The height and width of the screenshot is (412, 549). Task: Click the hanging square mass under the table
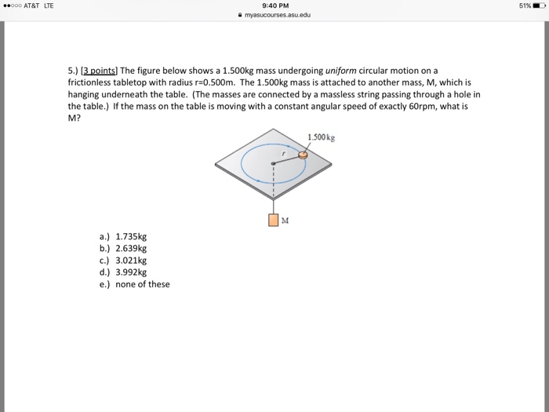[x=273, y=221]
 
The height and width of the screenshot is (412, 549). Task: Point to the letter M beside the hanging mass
[x=285, y=221]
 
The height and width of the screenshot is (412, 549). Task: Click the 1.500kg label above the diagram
[x=321, y=138]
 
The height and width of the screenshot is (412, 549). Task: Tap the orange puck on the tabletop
[x=304, y=156]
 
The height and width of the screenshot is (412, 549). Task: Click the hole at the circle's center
[x=273, y=164]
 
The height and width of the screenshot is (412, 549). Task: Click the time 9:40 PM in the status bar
[x=274, y=5]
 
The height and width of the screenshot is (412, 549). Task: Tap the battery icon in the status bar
[x=537, y=5]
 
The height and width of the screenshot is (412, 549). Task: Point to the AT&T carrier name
[x=35, y=5]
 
